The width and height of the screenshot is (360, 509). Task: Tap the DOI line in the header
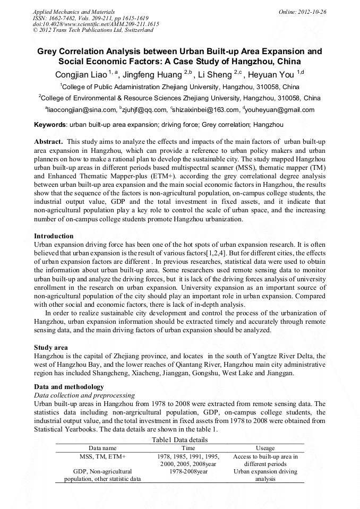point(96,24)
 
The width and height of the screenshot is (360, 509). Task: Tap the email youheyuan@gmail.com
point(280,110)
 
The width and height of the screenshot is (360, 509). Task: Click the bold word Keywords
point(50,125)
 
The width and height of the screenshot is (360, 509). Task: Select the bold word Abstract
point(48,142)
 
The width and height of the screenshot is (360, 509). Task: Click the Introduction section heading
point(54,236)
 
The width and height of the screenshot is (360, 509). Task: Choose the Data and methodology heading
point(69,386)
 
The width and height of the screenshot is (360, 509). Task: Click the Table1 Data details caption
point(179,439)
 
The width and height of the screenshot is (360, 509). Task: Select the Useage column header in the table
point(265,448)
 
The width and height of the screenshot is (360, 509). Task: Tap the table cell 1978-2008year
point(188,471)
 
